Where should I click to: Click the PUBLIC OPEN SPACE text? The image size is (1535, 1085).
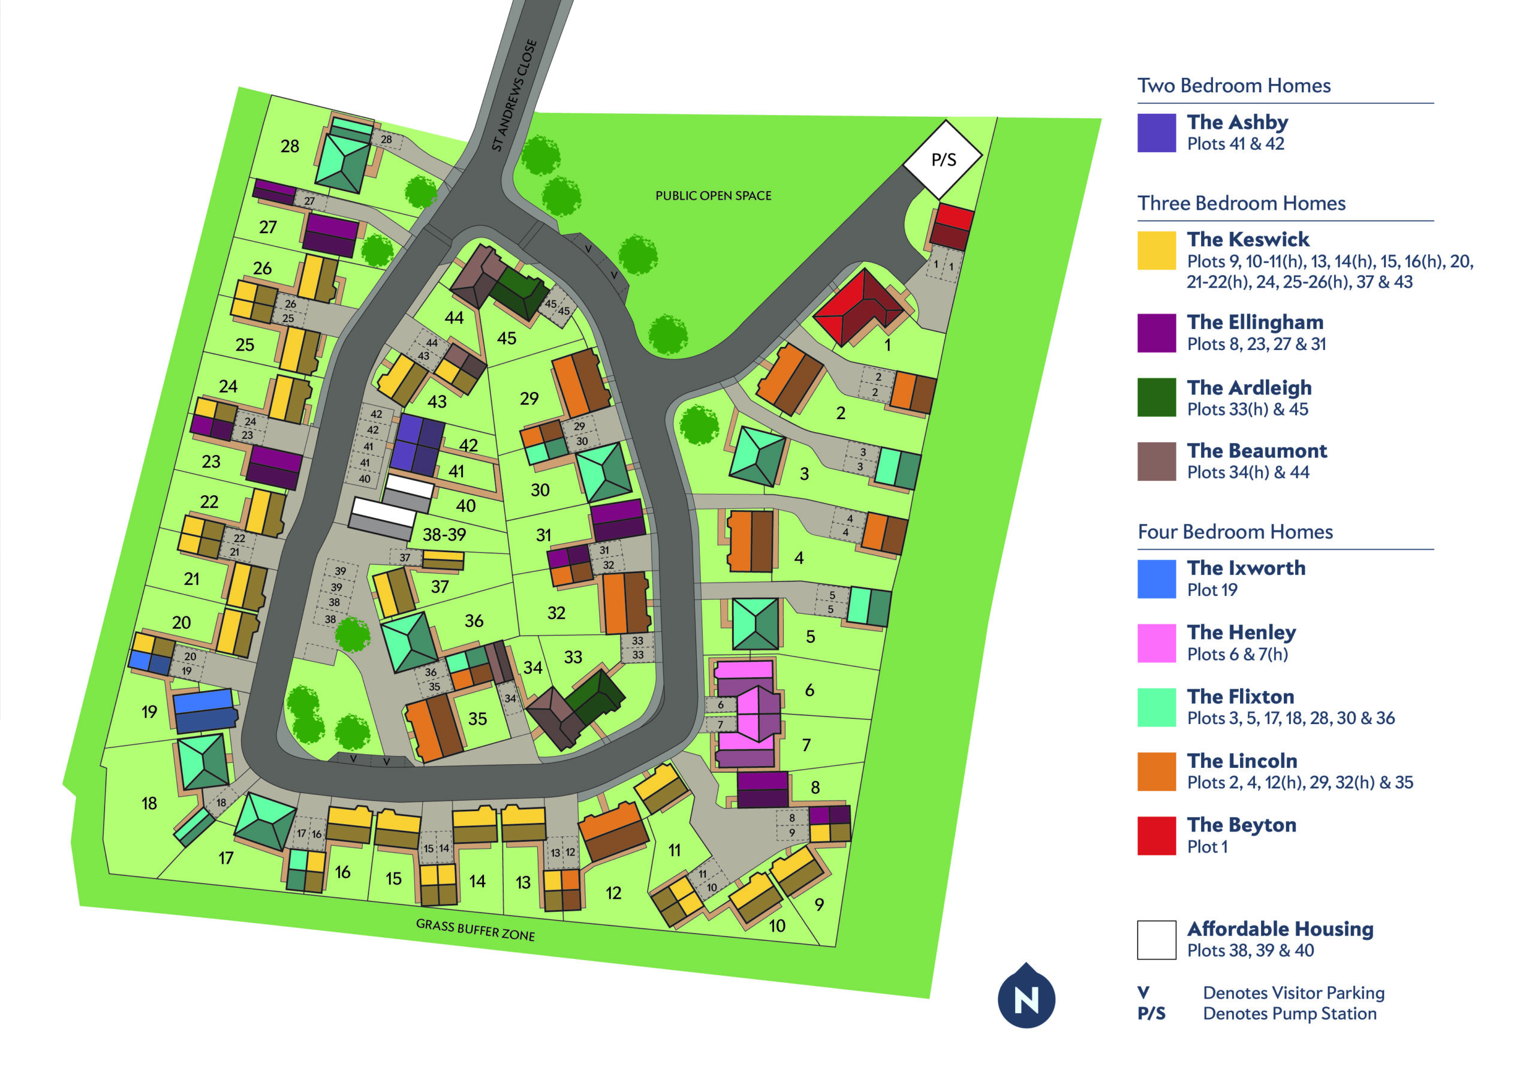click(713, 196)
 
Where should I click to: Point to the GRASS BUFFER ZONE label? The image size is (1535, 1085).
click(475, 929)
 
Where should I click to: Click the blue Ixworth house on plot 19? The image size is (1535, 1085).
click(204, 710)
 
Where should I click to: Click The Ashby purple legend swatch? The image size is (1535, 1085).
click(1156, 133)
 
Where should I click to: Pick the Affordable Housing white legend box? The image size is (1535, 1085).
click(1156, 939)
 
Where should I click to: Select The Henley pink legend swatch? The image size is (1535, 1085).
click(1156, 643)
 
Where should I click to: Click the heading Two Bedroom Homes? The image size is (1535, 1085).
click(1233, 86)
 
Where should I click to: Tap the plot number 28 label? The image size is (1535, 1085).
click(290, 146)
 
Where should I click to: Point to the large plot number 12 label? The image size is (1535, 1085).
click(613, 893)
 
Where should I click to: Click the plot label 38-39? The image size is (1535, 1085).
click(444, 535)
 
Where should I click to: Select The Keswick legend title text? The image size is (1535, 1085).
click(1248, 239)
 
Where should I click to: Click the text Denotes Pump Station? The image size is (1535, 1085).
click(1289, 1014)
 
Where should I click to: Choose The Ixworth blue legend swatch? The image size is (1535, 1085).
click(1156, 579)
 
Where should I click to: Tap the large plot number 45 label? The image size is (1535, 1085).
click(506, 338)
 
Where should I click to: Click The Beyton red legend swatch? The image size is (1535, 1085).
click(1156, 836)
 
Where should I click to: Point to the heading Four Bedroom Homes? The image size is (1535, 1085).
click(1235, 532)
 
